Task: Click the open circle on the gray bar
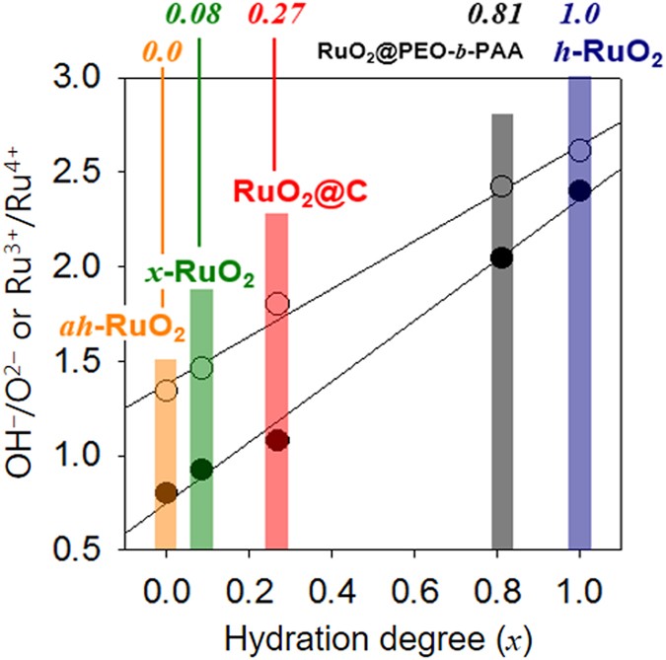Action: (502, 186)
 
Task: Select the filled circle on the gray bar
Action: (502, 257)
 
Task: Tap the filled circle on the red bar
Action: (277, 440)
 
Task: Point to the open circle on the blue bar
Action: (579, 150)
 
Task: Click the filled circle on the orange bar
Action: (166, 492)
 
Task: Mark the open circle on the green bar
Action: (201, 368)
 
